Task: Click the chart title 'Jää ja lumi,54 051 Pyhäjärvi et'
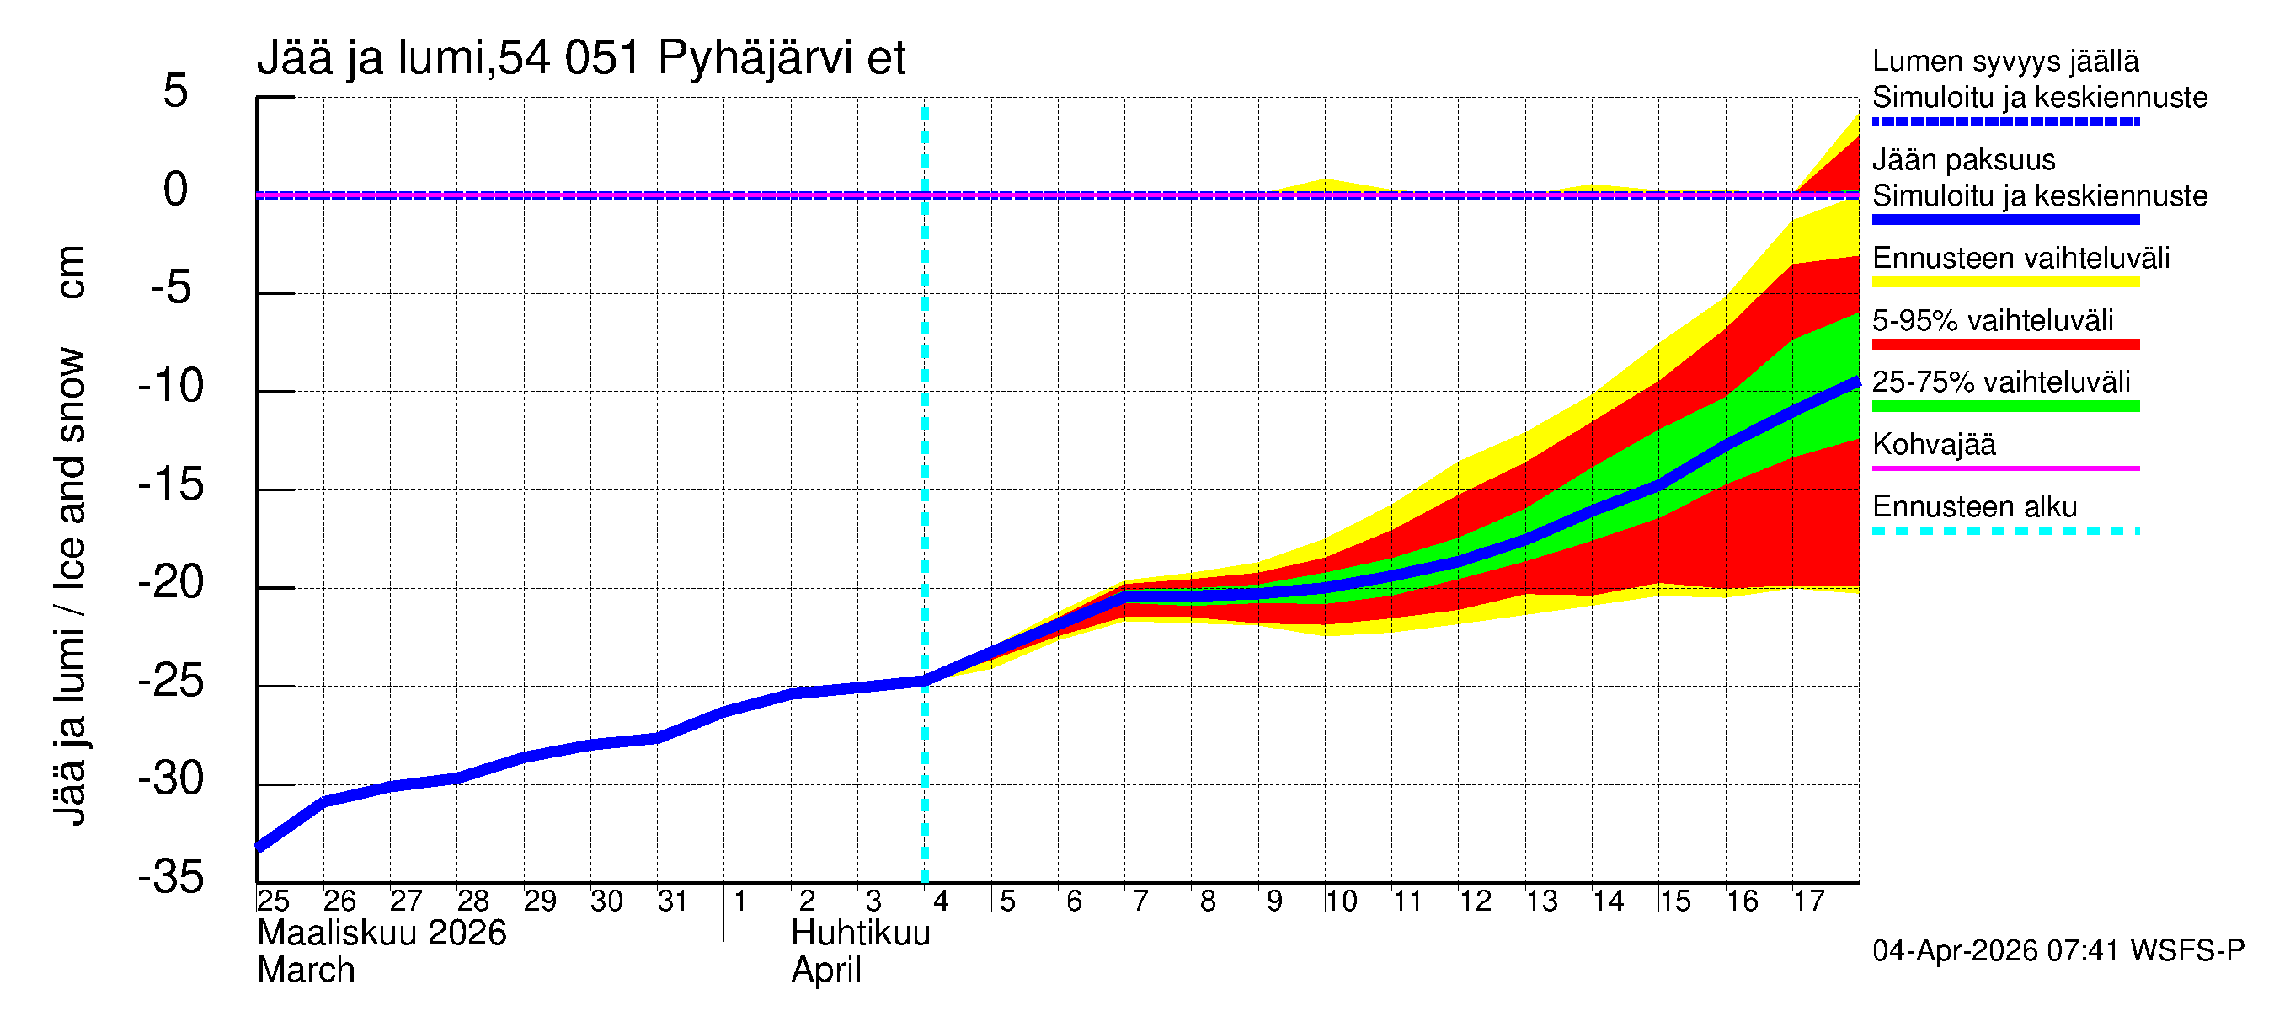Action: click(x=581, y=58)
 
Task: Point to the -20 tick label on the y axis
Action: click(x=171, y=583)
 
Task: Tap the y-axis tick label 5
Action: click(x=176, y=91)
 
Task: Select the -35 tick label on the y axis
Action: click(x=171, y=877)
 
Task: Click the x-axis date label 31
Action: click(x=673, y=901)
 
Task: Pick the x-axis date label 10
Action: click(x=1340, y=901)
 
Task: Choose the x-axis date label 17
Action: click(x=1808, y=901)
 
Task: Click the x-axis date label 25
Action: click(x=273, y=901)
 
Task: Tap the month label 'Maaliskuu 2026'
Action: click(x=382, y=933)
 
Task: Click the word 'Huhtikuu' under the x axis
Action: click(x=861, y=933)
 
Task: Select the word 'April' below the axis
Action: click(x=825, y=970)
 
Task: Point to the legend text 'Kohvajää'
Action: click(x=1933, y=444)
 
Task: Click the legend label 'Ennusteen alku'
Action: click(x=1974, y=507)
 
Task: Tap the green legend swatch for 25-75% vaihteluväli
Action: click(x=2004, y=406)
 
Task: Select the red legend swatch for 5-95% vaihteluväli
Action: click(x=2004, y=345)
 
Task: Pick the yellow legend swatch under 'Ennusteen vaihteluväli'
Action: click(x=2004, y=282)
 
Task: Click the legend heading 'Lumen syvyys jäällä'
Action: click(x=2004, y=61)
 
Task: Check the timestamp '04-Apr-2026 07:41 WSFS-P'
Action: click(x=2058, y=950)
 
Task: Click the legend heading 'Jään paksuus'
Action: click(x=1963, y=160)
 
